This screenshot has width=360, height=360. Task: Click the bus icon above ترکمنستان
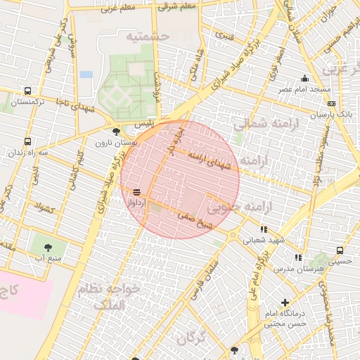coord(27,91)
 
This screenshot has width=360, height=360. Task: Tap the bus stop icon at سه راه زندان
coord(27,141)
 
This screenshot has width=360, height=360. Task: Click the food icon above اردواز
coord(136,191)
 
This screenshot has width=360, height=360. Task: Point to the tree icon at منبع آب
coord(48,247)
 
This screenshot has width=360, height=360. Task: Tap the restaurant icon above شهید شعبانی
coord(264,229)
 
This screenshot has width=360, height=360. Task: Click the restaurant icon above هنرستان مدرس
coord(298,258)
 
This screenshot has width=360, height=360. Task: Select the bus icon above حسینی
coord(340,250)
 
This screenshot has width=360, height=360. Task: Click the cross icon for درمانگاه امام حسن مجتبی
coord(285,302)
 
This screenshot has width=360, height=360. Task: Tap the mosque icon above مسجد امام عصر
coord(304,79)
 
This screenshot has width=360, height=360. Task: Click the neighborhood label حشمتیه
coord(148,34)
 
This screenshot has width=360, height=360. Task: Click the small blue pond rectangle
coord(86,74)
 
